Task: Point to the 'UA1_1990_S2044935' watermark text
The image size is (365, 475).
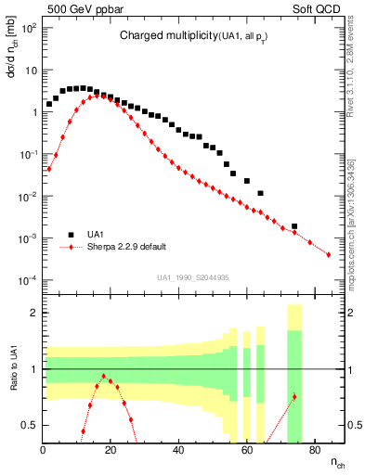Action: pos(193,277)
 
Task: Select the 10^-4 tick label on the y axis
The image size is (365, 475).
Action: pos(29,280)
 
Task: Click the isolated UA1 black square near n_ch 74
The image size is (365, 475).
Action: pos(294,226)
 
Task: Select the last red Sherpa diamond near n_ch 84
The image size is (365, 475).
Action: pos(329,254)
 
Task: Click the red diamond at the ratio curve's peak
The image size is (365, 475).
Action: pos(104,376)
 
